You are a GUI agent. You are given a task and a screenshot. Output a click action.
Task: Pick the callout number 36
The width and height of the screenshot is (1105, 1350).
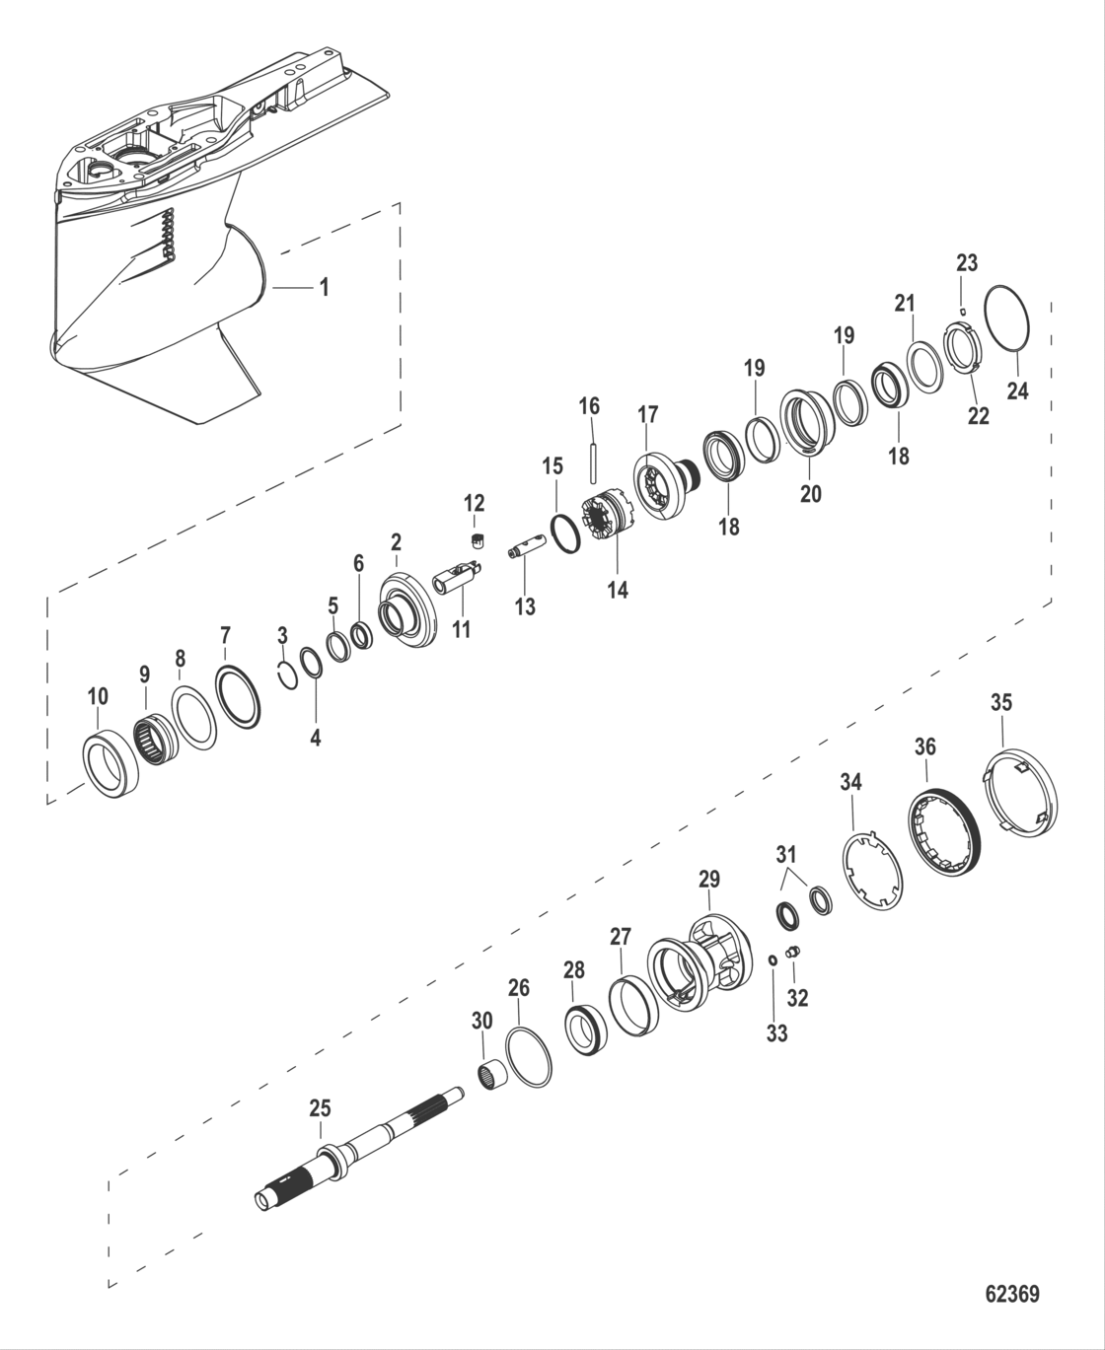(924, 746)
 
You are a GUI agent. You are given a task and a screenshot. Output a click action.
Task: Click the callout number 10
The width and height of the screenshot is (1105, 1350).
(98, 697)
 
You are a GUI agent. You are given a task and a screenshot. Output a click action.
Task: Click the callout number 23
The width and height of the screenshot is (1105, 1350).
(967, 262)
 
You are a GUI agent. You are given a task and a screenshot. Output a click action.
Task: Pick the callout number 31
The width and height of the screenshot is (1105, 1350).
(786, 853)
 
